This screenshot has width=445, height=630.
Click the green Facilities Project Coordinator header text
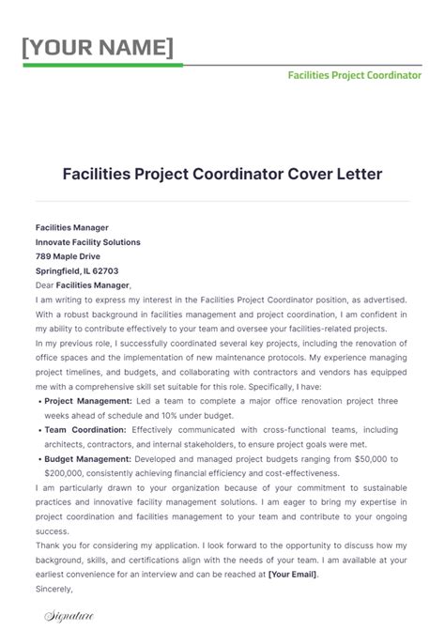(354, 74)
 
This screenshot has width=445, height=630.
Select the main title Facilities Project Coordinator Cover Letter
(222, 175)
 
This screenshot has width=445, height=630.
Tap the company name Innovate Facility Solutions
(88, 241)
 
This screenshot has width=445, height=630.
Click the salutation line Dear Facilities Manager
(84, 285)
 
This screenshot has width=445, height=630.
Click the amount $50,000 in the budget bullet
(378, 458)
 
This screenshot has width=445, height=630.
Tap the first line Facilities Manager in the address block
(72, 227)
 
